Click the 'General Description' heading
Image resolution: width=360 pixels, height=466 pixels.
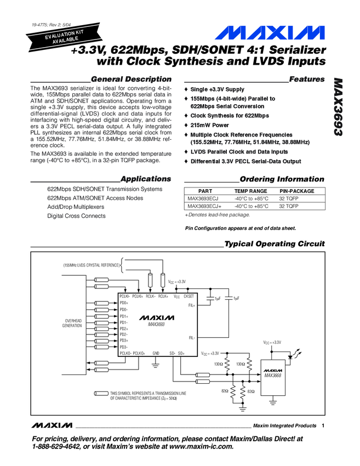pos(132,80)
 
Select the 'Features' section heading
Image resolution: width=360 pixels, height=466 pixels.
pos(306,80)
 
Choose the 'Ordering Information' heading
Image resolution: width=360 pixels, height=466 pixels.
pos(282,179)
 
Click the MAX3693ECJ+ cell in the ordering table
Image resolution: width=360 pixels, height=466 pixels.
pos(204,207)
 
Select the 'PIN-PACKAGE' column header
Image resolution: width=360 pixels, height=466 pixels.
pos(297,191)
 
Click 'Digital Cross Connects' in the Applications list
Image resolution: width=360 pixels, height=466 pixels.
pos(76,216)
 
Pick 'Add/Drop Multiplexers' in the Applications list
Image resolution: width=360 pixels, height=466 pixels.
pos(76,207)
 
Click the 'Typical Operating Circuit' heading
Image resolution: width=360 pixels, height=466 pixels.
pos(275,244)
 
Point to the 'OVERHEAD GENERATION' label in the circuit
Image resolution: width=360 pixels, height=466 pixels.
pos(73,323)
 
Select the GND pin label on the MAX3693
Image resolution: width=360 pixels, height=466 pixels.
pos(156,354)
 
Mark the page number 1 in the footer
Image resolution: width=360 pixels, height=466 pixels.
pos(324,426)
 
